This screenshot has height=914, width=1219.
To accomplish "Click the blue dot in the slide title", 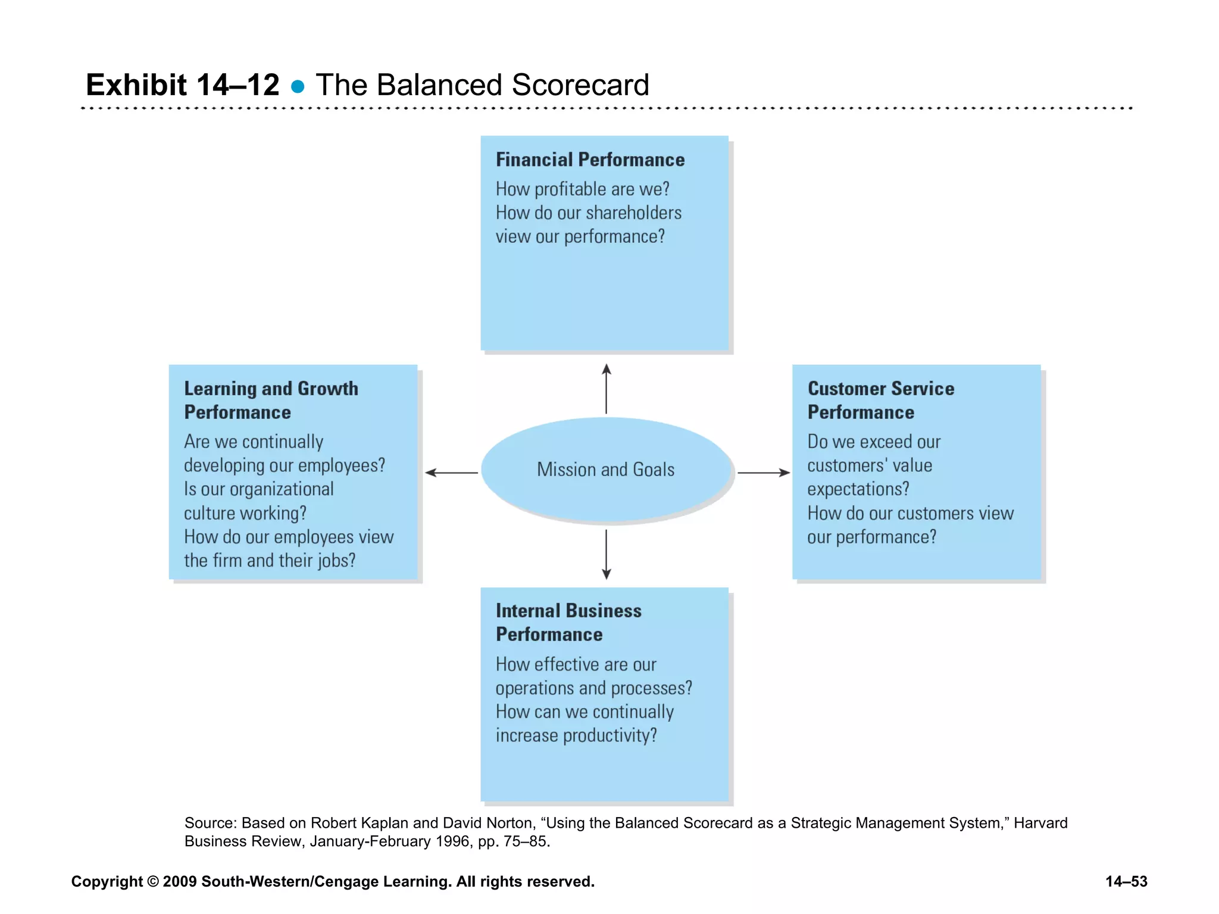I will (298, 87).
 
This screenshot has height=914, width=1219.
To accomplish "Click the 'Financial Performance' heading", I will (590, 159).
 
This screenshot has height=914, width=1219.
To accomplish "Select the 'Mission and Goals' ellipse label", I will (605, 469).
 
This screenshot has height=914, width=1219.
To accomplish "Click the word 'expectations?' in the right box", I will (858, 489).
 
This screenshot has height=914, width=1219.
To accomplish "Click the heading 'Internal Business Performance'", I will (568, 622).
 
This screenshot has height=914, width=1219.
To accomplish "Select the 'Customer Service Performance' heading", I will (880, 400).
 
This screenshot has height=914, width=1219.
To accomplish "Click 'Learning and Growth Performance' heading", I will (271, 400).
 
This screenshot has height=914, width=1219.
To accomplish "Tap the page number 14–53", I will (1126, 881).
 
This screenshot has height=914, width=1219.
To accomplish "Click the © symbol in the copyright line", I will (153, 881).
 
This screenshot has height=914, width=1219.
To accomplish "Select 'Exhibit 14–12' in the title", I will (182, 84).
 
